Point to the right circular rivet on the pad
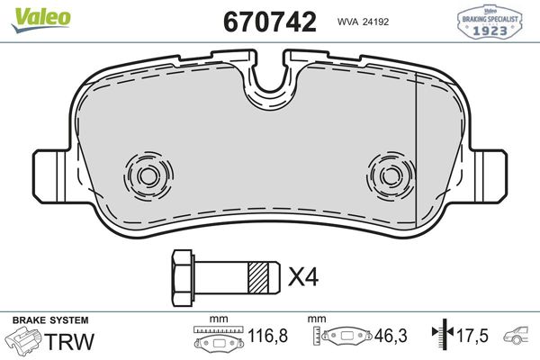391,172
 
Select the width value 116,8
268,337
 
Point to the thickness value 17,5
472,337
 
